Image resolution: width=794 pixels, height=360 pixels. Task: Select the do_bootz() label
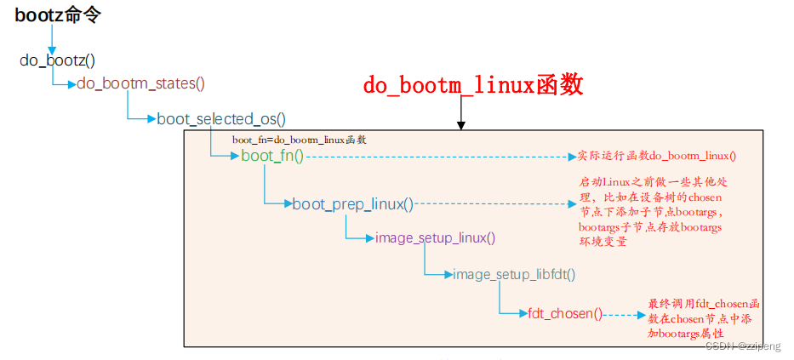pyautogui.click(x=57, y=60)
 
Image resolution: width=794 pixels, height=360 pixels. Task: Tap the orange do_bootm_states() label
pyautogui.click(x=140, y=83)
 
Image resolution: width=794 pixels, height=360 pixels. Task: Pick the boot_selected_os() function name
pyautogui.click(x=221, y=119)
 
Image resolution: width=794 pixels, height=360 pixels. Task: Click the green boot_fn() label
pyautogui.click(x=271, y=156)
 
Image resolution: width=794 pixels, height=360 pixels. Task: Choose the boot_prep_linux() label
pyautogui.click(x=352, y=204)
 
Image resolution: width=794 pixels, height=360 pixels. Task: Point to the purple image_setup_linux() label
pyautogui.click(x=435, y=237)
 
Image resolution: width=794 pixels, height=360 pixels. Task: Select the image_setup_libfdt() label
pyautogui.click(x=514, y=274)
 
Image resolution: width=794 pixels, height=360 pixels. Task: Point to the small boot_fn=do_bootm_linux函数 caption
pyautogui.click(x=299, y=139)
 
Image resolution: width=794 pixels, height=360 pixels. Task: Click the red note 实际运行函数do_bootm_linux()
pyautogui.click(x=656, y=156)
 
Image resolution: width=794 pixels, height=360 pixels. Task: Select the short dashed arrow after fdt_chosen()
pyautogui.click(x=625, y=314)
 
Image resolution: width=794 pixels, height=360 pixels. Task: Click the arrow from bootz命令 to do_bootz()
pyautogui.click(x=52, y=39)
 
